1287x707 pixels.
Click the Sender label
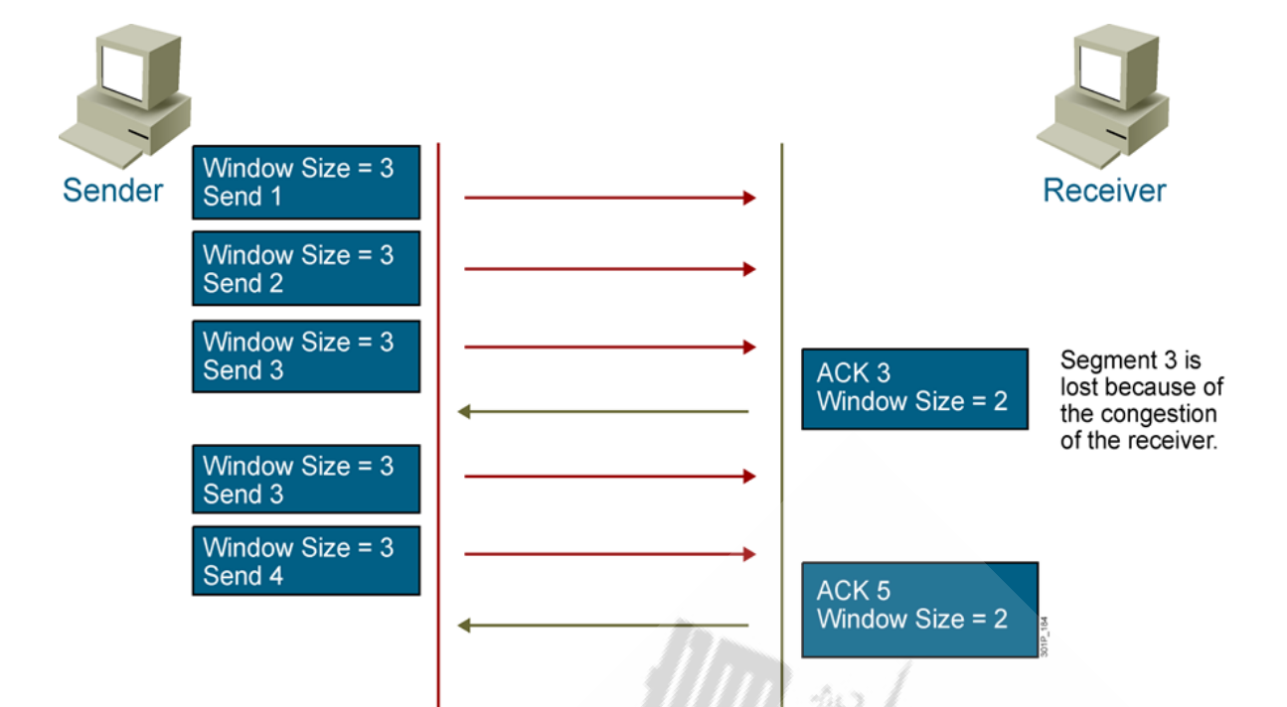click(112, 191)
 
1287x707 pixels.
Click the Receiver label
click(1104, 191)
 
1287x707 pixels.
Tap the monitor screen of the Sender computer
click(122, 73)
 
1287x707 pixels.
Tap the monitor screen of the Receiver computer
click(1100, 73)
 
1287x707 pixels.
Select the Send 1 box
click(306, 183)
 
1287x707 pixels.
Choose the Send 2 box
click(306, 268)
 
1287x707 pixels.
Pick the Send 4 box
click(306, 561)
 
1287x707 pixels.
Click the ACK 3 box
click(914, 389)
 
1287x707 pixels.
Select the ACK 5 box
click(920, 610)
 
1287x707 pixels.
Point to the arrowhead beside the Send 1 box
click(749, 198)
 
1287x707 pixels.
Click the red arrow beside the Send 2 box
click(610, 269)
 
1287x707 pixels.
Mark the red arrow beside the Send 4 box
click(610, 554)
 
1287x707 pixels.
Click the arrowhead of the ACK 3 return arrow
click(464, 411)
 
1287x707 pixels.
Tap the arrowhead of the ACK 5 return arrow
click(464, 626)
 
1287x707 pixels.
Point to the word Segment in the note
click(1109, 360)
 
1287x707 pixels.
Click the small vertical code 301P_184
click(1045, 636)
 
